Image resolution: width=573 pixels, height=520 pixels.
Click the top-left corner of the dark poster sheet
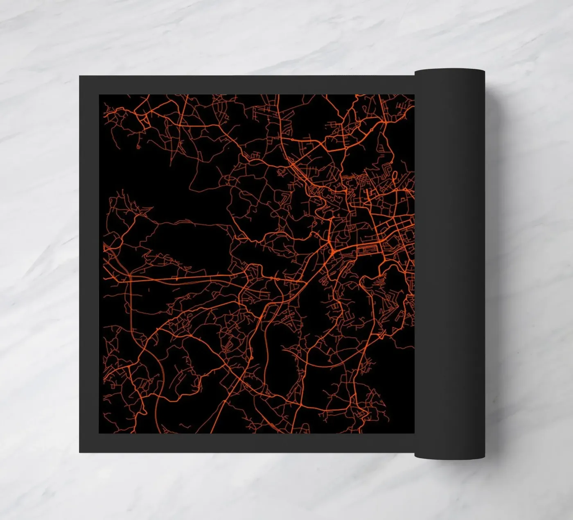[80, 76]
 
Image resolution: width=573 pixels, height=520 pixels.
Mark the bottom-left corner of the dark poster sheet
[80, 452]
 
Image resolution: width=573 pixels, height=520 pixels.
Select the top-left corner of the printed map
[99, 95]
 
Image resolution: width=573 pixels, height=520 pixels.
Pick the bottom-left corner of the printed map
[99, 433]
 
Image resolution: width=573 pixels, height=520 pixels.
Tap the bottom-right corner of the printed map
[414, 433]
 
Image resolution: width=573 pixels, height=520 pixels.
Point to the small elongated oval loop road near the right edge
[395, 176]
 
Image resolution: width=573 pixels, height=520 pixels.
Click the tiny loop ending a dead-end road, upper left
[138, 145]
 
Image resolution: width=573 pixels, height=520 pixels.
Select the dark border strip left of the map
[89, 262]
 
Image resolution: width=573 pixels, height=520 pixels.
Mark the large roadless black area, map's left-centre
[184, 242]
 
